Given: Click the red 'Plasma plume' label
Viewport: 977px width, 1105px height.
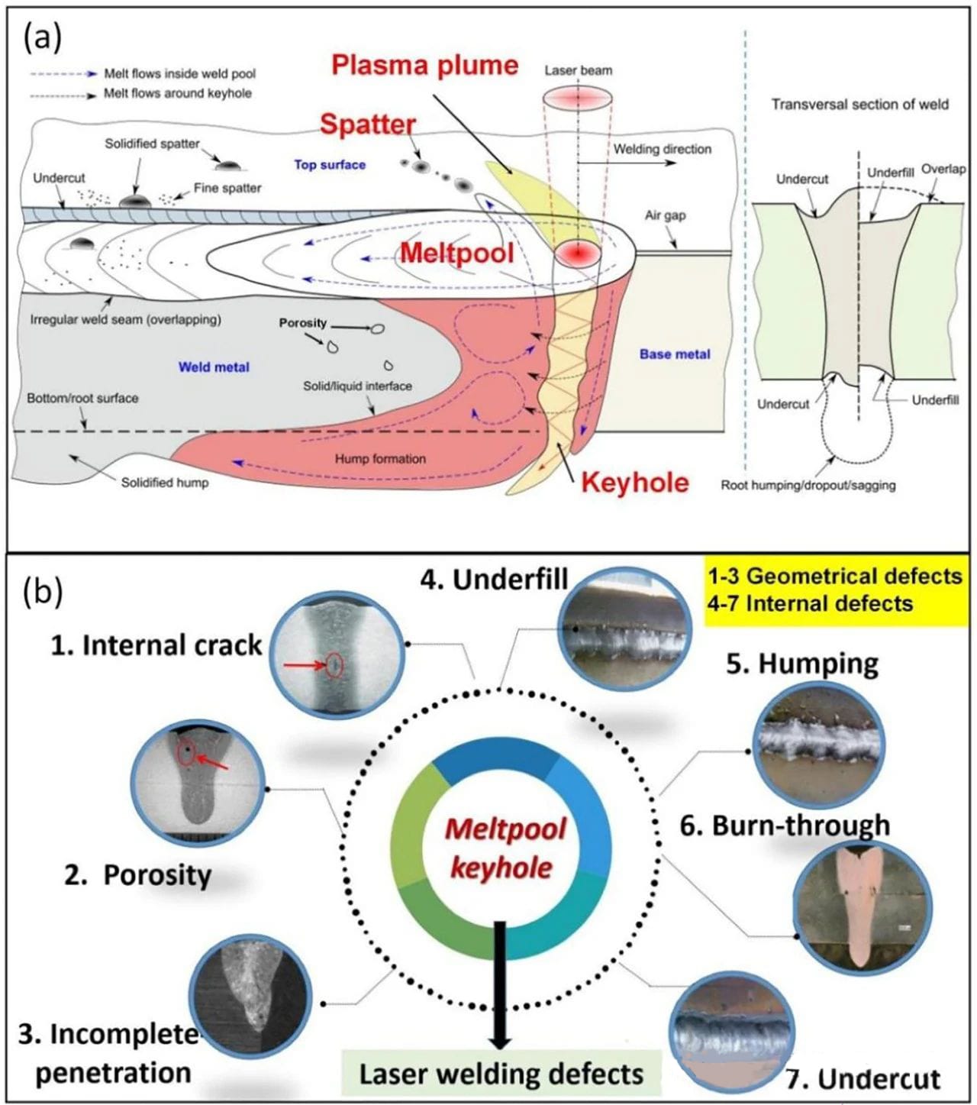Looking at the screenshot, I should [424, 65].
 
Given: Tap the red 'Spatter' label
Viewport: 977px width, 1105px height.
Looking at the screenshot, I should [368, 124].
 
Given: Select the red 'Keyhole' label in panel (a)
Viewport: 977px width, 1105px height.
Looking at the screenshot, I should [635, 482].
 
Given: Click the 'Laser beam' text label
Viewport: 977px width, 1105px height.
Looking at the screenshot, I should [578, 70].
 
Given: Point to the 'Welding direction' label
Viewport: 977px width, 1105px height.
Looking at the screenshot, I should [663, 149].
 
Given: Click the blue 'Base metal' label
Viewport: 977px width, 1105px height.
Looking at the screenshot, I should [675, 354].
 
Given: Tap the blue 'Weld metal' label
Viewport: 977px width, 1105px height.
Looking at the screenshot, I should [214, 367].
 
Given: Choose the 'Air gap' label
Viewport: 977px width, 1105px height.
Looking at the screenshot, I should [666, 215].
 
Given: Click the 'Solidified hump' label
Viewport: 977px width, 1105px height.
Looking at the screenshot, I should [165, 483].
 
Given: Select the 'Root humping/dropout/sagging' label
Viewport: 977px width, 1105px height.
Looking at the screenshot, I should [808, 485].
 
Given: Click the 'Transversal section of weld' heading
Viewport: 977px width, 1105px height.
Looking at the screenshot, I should [859, 105].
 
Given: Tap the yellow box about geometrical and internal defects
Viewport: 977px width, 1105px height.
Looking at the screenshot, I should [834, 590].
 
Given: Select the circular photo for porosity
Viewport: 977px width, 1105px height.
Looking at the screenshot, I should [197, 786].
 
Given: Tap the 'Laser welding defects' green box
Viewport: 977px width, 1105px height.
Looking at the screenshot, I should [501, 1074].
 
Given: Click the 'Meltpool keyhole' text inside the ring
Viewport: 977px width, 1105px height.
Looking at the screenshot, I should [504, 848].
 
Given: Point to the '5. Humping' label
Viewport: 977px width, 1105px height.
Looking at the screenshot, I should [801, 664].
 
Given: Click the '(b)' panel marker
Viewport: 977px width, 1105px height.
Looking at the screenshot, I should [44, 592].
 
